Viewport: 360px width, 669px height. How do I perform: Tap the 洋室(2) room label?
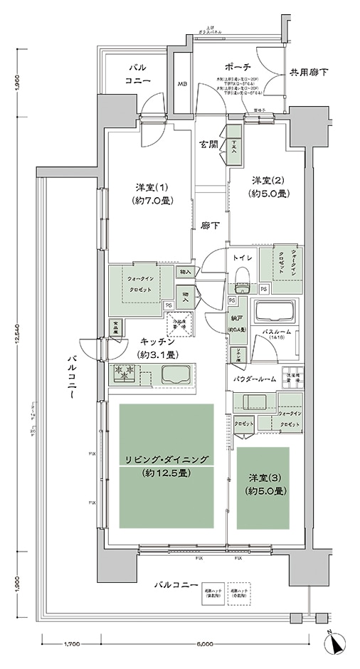tap(267, 181)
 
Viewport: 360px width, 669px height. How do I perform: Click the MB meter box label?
tap(182, 83)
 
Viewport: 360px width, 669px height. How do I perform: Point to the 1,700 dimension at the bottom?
tap(71, 645)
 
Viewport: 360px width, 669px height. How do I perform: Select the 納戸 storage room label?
tap(236, 320)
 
